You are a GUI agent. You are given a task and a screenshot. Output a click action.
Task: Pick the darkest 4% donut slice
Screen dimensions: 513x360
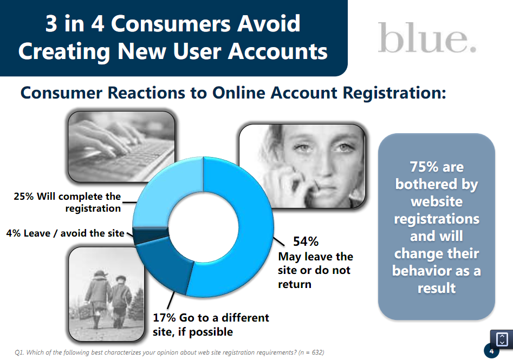(151, 235)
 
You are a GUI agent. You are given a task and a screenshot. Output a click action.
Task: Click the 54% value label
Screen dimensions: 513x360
(306, 241)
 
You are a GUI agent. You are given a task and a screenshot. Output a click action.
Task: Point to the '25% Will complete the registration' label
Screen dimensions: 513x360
(67, 202)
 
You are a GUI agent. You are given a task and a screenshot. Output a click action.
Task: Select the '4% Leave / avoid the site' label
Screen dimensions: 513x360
(65, 233)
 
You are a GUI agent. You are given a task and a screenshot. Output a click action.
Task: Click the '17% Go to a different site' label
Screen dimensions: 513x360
(211, 324)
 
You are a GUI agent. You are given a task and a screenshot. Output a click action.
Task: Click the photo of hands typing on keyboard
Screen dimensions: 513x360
(121, 147)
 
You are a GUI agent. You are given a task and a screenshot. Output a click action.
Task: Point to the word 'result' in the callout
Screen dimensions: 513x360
(437, 288)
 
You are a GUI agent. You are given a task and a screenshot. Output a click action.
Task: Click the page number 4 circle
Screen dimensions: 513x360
(491, 351)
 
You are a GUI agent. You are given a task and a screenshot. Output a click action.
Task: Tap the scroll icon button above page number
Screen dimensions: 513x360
(502, 339)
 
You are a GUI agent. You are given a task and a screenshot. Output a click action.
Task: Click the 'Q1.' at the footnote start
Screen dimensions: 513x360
(20, 352)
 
